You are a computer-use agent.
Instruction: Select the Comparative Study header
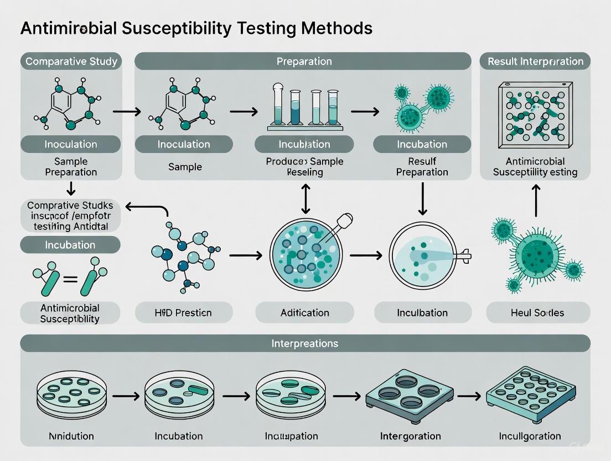[71, 62]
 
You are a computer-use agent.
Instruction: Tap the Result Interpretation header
[535, 62]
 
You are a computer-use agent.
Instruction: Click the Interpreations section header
[304, 344]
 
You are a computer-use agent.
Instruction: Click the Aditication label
[304, 313]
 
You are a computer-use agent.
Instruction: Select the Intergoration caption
[410, 436]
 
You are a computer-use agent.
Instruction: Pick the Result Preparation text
[422, 166]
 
